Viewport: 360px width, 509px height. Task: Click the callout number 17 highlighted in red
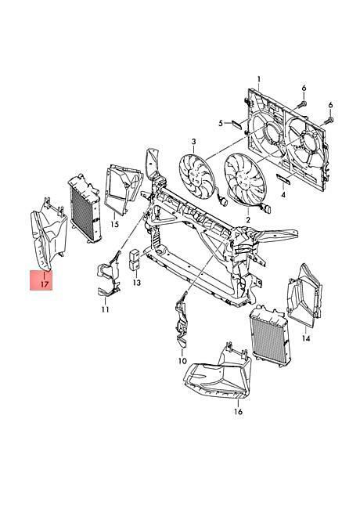(45, 284)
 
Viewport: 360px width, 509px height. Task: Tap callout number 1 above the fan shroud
(259, 79)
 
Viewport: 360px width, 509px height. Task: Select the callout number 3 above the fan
(193, 142)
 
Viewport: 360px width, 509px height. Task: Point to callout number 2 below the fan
(248, 220)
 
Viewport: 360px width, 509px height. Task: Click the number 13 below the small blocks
(137, 283)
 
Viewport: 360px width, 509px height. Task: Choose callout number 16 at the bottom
(238, 412)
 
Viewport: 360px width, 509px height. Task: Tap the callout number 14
(306, 338)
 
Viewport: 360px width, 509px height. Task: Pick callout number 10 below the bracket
(182, 361)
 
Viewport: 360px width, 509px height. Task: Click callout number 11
(105, 309)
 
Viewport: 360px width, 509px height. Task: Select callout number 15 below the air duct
(114, 224)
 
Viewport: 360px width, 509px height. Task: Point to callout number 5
(221, 123)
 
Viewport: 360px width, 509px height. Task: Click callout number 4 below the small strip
(283, 195)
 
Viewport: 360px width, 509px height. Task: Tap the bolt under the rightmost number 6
(329, 121)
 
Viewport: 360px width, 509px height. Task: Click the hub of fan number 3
(196, 177)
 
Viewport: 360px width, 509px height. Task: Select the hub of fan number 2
(243, 179)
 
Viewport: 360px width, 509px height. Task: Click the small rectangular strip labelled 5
(236, 125)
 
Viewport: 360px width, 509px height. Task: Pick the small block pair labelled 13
(135, 260)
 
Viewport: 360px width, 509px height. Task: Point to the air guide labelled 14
(304, 296)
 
